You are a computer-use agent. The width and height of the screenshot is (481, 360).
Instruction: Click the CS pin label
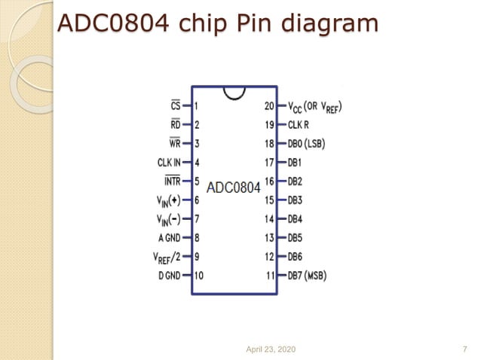tap(176, 106)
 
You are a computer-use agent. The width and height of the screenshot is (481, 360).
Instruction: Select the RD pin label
tap(175, 124)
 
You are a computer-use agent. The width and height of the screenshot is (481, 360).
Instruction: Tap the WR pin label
tap(175, 143)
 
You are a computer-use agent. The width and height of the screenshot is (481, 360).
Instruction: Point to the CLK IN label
tap(169, 162)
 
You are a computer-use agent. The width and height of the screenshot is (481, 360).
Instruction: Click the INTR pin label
tap(172, 181)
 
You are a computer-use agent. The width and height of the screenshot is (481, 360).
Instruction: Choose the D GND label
tap(170, 276)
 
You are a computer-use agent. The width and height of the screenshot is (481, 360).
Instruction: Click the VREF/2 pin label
tap(167, 256)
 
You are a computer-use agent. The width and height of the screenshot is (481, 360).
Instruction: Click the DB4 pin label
tap(295, 219)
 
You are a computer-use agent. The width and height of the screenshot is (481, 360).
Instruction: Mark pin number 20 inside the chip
tap(269, 106)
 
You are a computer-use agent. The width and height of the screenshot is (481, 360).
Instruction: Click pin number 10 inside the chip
tap(199, 276)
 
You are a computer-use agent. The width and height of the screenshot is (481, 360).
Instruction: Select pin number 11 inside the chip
tap(270, 276)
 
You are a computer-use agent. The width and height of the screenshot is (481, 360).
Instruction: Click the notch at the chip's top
tap(234, 92)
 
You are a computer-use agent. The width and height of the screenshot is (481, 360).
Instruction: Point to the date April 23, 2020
tap(271, 349)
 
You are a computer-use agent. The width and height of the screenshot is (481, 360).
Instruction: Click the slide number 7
tap(464, 349)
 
